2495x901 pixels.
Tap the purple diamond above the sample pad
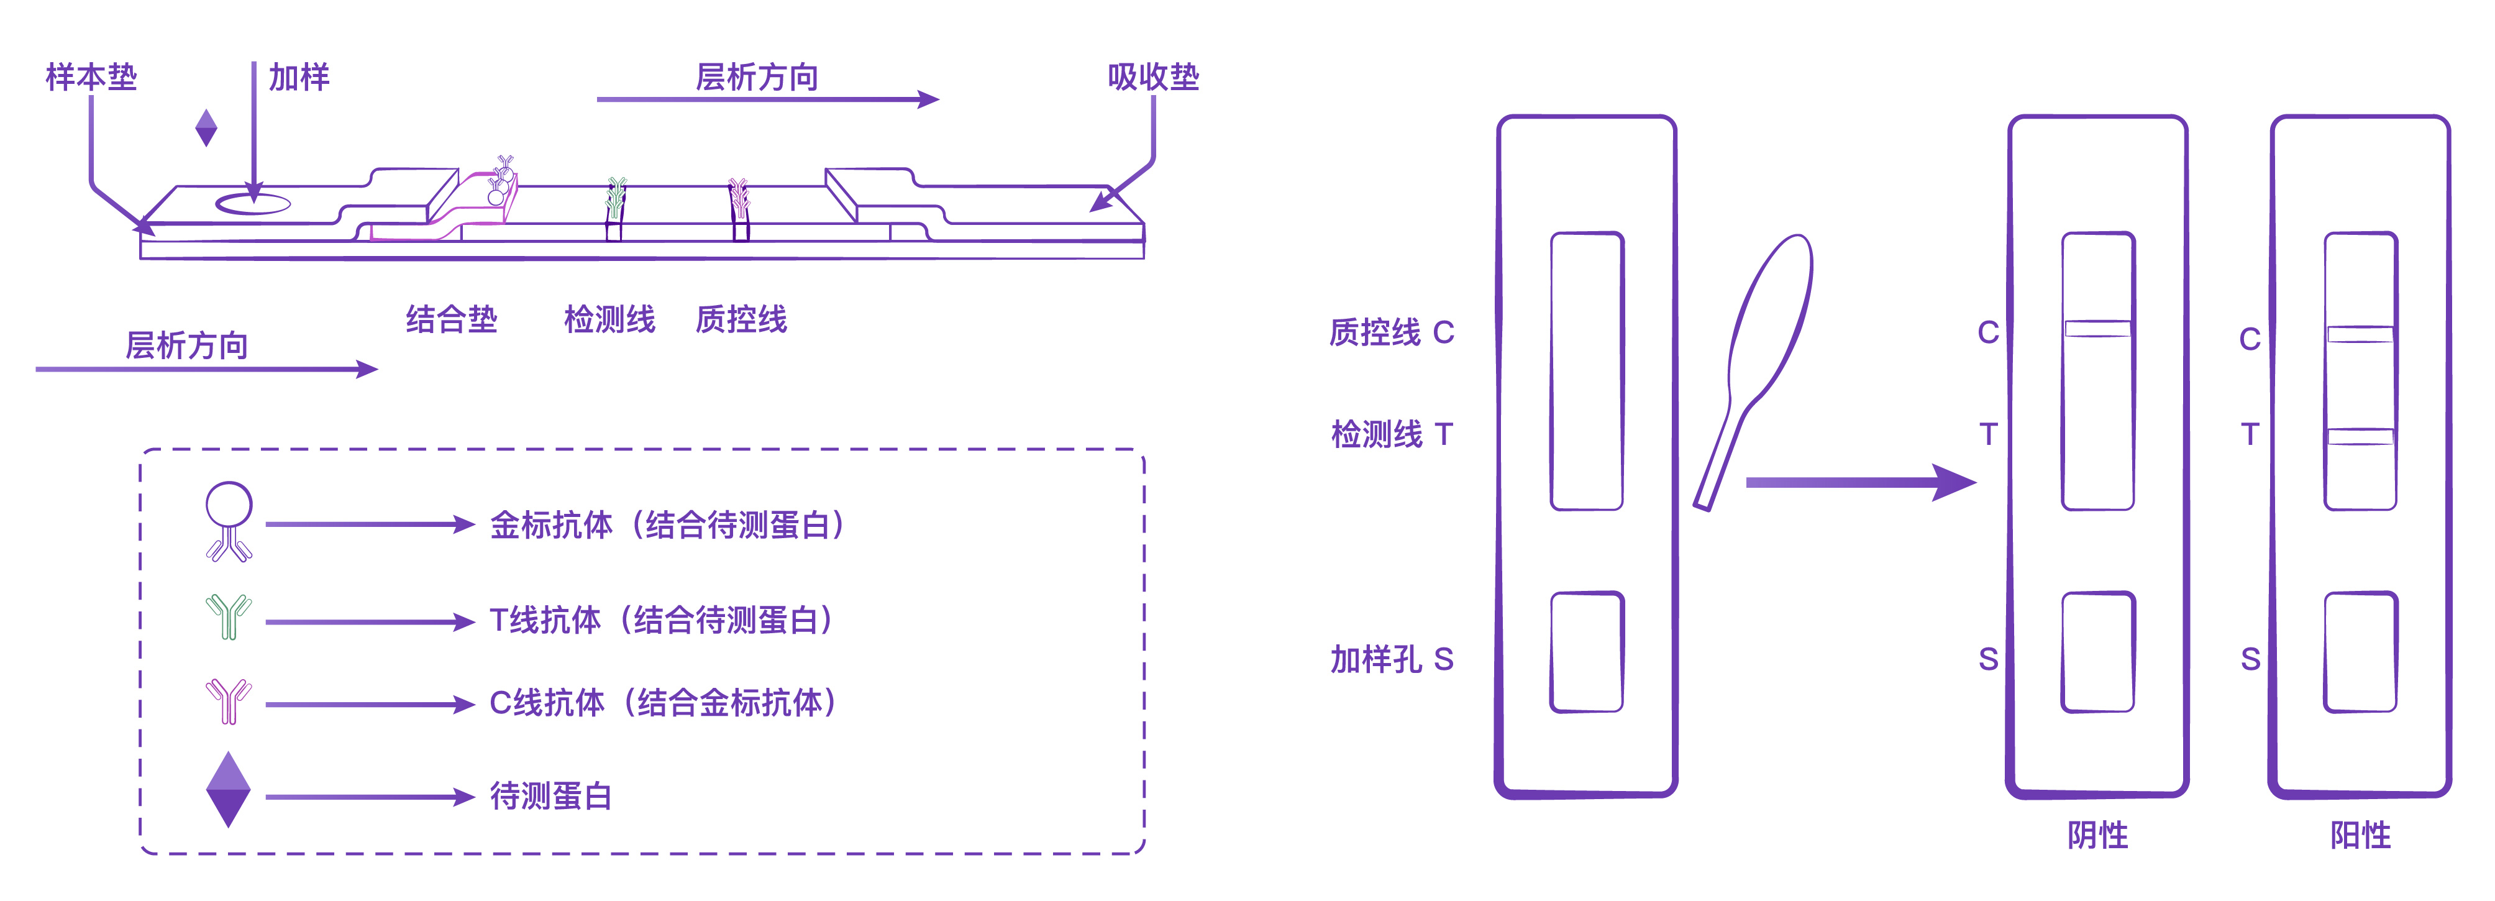206,127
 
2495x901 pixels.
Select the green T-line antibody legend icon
229,616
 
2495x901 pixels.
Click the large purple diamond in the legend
229,790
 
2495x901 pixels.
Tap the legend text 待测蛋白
550,797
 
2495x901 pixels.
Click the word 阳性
2360,835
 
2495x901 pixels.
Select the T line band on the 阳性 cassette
2360,437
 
